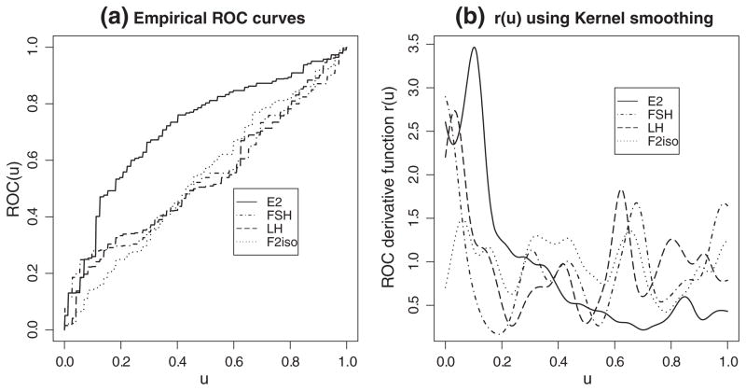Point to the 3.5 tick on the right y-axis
[419, 42]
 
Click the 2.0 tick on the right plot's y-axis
[419, 175]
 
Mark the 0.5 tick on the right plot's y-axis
[419, 306]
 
